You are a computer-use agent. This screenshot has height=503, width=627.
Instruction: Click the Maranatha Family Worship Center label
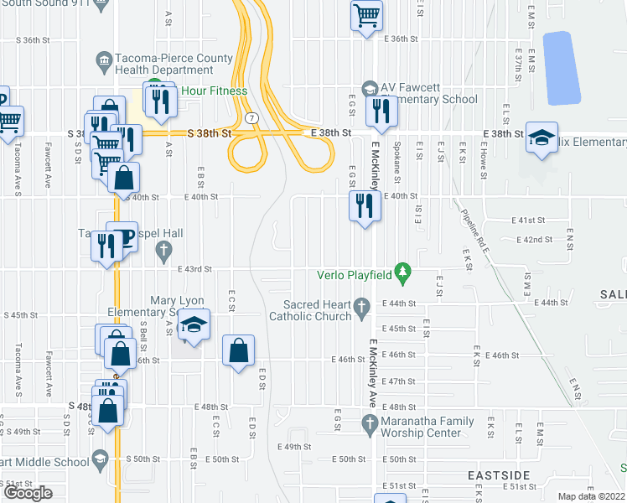click(421, 427)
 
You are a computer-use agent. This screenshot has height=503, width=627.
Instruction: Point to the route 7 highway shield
click(251, 120)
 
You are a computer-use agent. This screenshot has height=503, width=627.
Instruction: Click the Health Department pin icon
click(104, 60)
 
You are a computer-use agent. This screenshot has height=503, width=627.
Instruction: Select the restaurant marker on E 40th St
click(364, 205)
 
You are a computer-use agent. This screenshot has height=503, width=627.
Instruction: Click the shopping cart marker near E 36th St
click(367, 15)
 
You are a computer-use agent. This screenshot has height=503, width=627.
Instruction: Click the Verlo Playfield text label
click(356, 274)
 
